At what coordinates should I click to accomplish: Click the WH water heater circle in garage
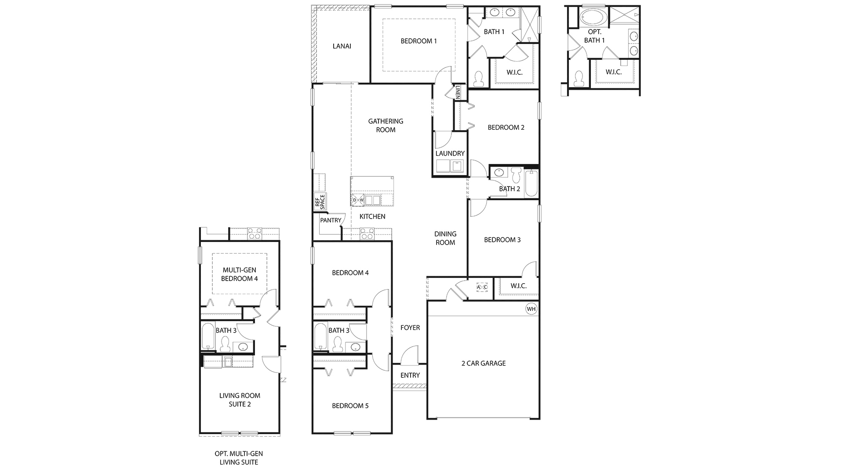click(531, 309)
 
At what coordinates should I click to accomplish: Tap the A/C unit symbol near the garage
click(482, 287)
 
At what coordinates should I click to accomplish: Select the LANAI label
click(342, 46)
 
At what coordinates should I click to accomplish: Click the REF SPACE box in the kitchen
click(320, 201)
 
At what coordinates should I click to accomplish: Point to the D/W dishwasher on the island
click(358, 200)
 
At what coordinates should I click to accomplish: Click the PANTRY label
click(331, 220)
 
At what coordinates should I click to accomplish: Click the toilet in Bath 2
click(516, 175)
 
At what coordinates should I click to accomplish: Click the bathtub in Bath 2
click(531, 183)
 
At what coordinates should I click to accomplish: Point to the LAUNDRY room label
click(450, 153)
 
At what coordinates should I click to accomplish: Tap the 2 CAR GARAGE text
click(484, 363)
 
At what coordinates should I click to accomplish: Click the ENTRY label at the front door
click(410, 375)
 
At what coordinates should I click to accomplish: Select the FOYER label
click(410, 328)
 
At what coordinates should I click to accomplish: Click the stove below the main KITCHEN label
click(367, 234)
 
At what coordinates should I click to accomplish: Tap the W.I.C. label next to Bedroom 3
click(518, 286)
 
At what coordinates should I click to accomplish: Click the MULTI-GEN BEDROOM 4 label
click(239, 274)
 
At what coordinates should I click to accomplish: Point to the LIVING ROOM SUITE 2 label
click(240, 400)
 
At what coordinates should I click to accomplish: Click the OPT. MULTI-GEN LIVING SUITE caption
click(239, 458)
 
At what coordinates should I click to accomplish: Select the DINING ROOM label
click(445, 238)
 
